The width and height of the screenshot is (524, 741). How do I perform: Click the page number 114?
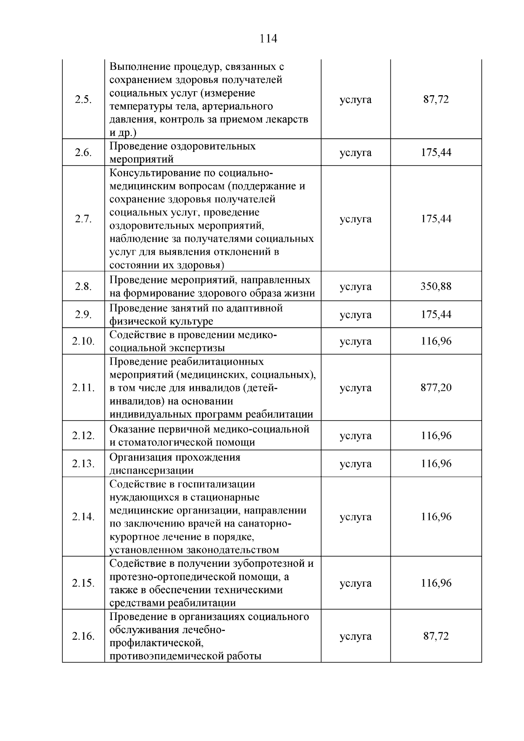(x=268, y=39)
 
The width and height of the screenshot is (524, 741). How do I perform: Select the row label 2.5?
(x=83, y=100)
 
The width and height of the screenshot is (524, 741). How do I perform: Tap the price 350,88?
(x=436, y=286)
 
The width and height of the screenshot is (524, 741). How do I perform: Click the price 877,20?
(x=436, y=387)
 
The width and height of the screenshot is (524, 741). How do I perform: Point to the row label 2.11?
(x=83, y=388)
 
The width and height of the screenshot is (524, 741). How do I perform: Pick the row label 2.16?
(x=83, y=636)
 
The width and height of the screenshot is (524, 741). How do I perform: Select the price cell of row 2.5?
(x=436, y=100)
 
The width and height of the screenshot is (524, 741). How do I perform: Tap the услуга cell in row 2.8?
(x=355, y=286)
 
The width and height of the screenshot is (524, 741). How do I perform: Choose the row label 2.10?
(x=83, y=341)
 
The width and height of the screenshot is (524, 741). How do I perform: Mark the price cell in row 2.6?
(x=436, y=152)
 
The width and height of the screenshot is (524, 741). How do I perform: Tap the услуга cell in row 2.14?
(x=355, y=517)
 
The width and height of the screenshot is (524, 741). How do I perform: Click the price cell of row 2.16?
(x=436, y=636)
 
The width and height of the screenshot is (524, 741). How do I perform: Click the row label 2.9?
(x=83, y=315)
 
